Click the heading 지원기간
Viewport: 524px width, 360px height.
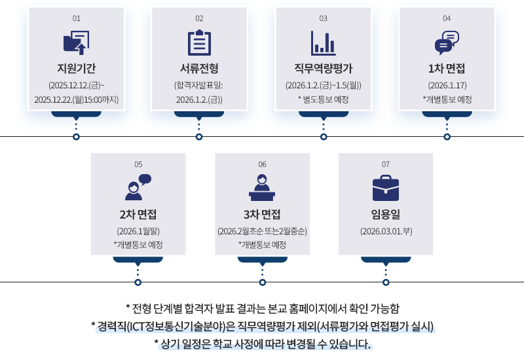(x=76, y=67)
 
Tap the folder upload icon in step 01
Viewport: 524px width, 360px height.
(x=76, y=43)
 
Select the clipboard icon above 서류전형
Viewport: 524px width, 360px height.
(x=199, y=43)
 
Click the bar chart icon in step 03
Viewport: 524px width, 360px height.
(x=323, y=43)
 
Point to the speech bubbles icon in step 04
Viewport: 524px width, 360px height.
(x=447, y=43)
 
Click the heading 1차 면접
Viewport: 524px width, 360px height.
(x=447, y=67)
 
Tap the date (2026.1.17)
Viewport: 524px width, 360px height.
(x=447, y=85)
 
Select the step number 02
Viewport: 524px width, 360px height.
(x=199, y=18)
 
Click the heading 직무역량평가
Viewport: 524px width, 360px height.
(x=323, y=67)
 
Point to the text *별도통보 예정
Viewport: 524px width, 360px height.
(x=323, y=99)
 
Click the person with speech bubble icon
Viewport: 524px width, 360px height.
(x=138, y=187)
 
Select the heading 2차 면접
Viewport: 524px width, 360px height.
(x=138, y=214)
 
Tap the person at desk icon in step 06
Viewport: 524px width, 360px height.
(x=262, y=187)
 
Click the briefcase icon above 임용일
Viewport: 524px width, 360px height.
(x=386, y=189)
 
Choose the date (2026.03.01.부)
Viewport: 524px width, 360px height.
(x=386, y=231)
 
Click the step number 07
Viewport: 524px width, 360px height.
(x=386, y=164)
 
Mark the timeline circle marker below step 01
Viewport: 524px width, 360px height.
(x=76, y=137)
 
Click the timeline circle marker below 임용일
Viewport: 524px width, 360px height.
(x=386, y=283)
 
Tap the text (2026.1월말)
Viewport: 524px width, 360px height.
(x=138, y=231)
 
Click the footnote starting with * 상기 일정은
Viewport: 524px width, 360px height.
(x=262, y=344)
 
